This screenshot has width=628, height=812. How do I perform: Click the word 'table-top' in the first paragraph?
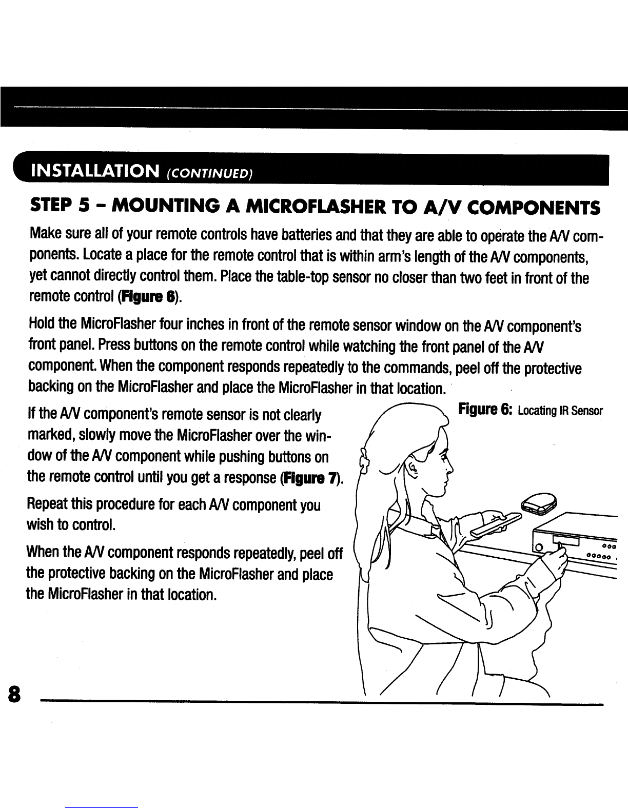pos(292,278)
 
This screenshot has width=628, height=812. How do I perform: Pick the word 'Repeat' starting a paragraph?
pos(48,505)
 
